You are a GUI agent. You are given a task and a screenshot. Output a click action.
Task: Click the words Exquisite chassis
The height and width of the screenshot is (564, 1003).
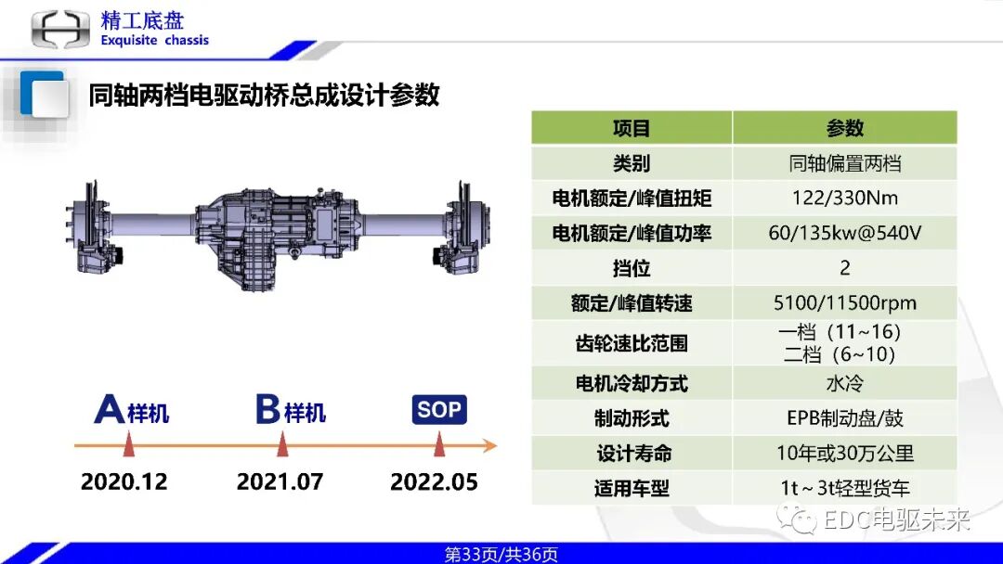(x=154, y=41)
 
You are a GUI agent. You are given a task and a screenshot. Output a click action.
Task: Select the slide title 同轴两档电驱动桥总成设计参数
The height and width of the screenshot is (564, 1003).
(x=264, y=95)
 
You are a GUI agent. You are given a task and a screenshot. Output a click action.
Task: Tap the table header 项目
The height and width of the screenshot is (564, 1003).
(x=632, y=128)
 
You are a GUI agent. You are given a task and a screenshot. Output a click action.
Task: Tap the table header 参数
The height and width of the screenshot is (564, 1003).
(x=844, y=128)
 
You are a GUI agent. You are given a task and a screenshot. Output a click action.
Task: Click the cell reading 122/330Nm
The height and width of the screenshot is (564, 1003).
(x=844, y=198)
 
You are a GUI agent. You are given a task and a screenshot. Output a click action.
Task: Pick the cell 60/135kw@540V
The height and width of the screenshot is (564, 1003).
(x=844, y=233)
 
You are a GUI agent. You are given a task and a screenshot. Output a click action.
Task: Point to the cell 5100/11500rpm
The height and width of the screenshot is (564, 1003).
(x=844, y=303)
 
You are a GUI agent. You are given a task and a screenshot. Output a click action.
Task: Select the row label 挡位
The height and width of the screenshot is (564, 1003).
(x=632, y=268)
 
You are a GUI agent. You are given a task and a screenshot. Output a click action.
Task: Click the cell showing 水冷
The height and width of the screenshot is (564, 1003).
(x=844, y=383)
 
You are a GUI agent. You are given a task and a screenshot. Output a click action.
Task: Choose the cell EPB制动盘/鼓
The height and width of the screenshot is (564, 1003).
(x=844, y=418)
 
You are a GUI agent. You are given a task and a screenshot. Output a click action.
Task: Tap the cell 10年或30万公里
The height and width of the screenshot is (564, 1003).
(x=844, y=453)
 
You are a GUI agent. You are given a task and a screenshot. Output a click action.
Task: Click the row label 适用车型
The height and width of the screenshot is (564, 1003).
(x=632, y=488)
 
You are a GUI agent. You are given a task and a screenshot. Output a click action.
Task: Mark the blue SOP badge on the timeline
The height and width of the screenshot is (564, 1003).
(x=439, y=410)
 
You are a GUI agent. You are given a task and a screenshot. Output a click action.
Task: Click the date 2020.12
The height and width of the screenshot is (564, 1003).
(x=124, y=482)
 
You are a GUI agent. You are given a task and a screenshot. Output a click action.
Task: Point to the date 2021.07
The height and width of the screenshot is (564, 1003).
(x=280, y=482)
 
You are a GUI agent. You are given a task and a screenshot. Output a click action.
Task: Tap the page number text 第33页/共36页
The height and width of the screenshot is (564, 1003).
(x=501, y=555)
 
